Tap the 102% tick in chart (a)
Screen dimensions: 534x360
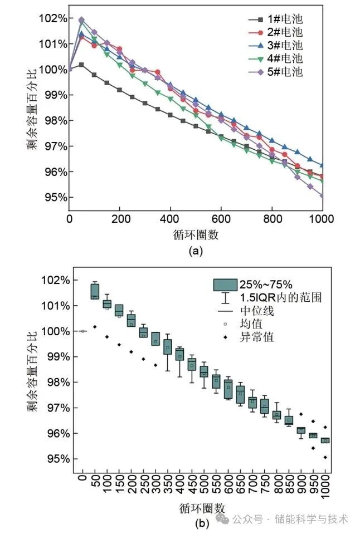tap(53, 18)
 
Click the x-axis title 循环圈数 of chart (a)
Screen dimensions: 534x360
tap(195, 234)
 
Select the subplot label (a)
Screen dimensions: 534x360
tap(196, 252)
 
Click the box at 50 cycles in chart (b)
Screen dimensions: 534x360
tap(95, 291)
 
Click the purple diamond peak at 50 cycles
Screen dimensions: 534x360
tap(81, 20)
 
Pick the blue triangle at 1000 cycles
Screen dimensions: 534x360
tap(322, 165)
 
